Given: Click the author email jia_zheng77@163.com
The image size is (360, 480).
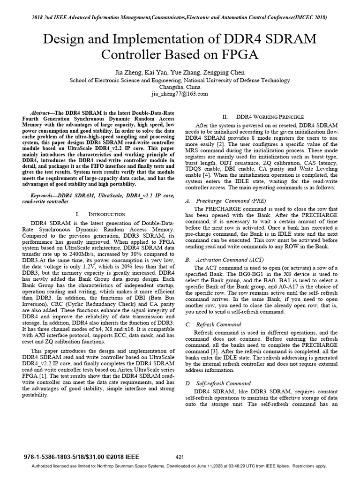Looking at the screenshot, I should [x=180, y=94].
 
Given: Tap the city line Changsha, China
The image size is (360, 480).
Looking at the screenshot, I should [x=180, y=87].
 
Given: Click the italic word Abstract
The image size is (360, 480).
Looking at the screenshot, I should [x=39, y=114].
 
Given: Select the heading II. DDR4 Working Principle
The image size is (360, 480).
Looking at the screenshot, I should [x=263, y=116].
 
